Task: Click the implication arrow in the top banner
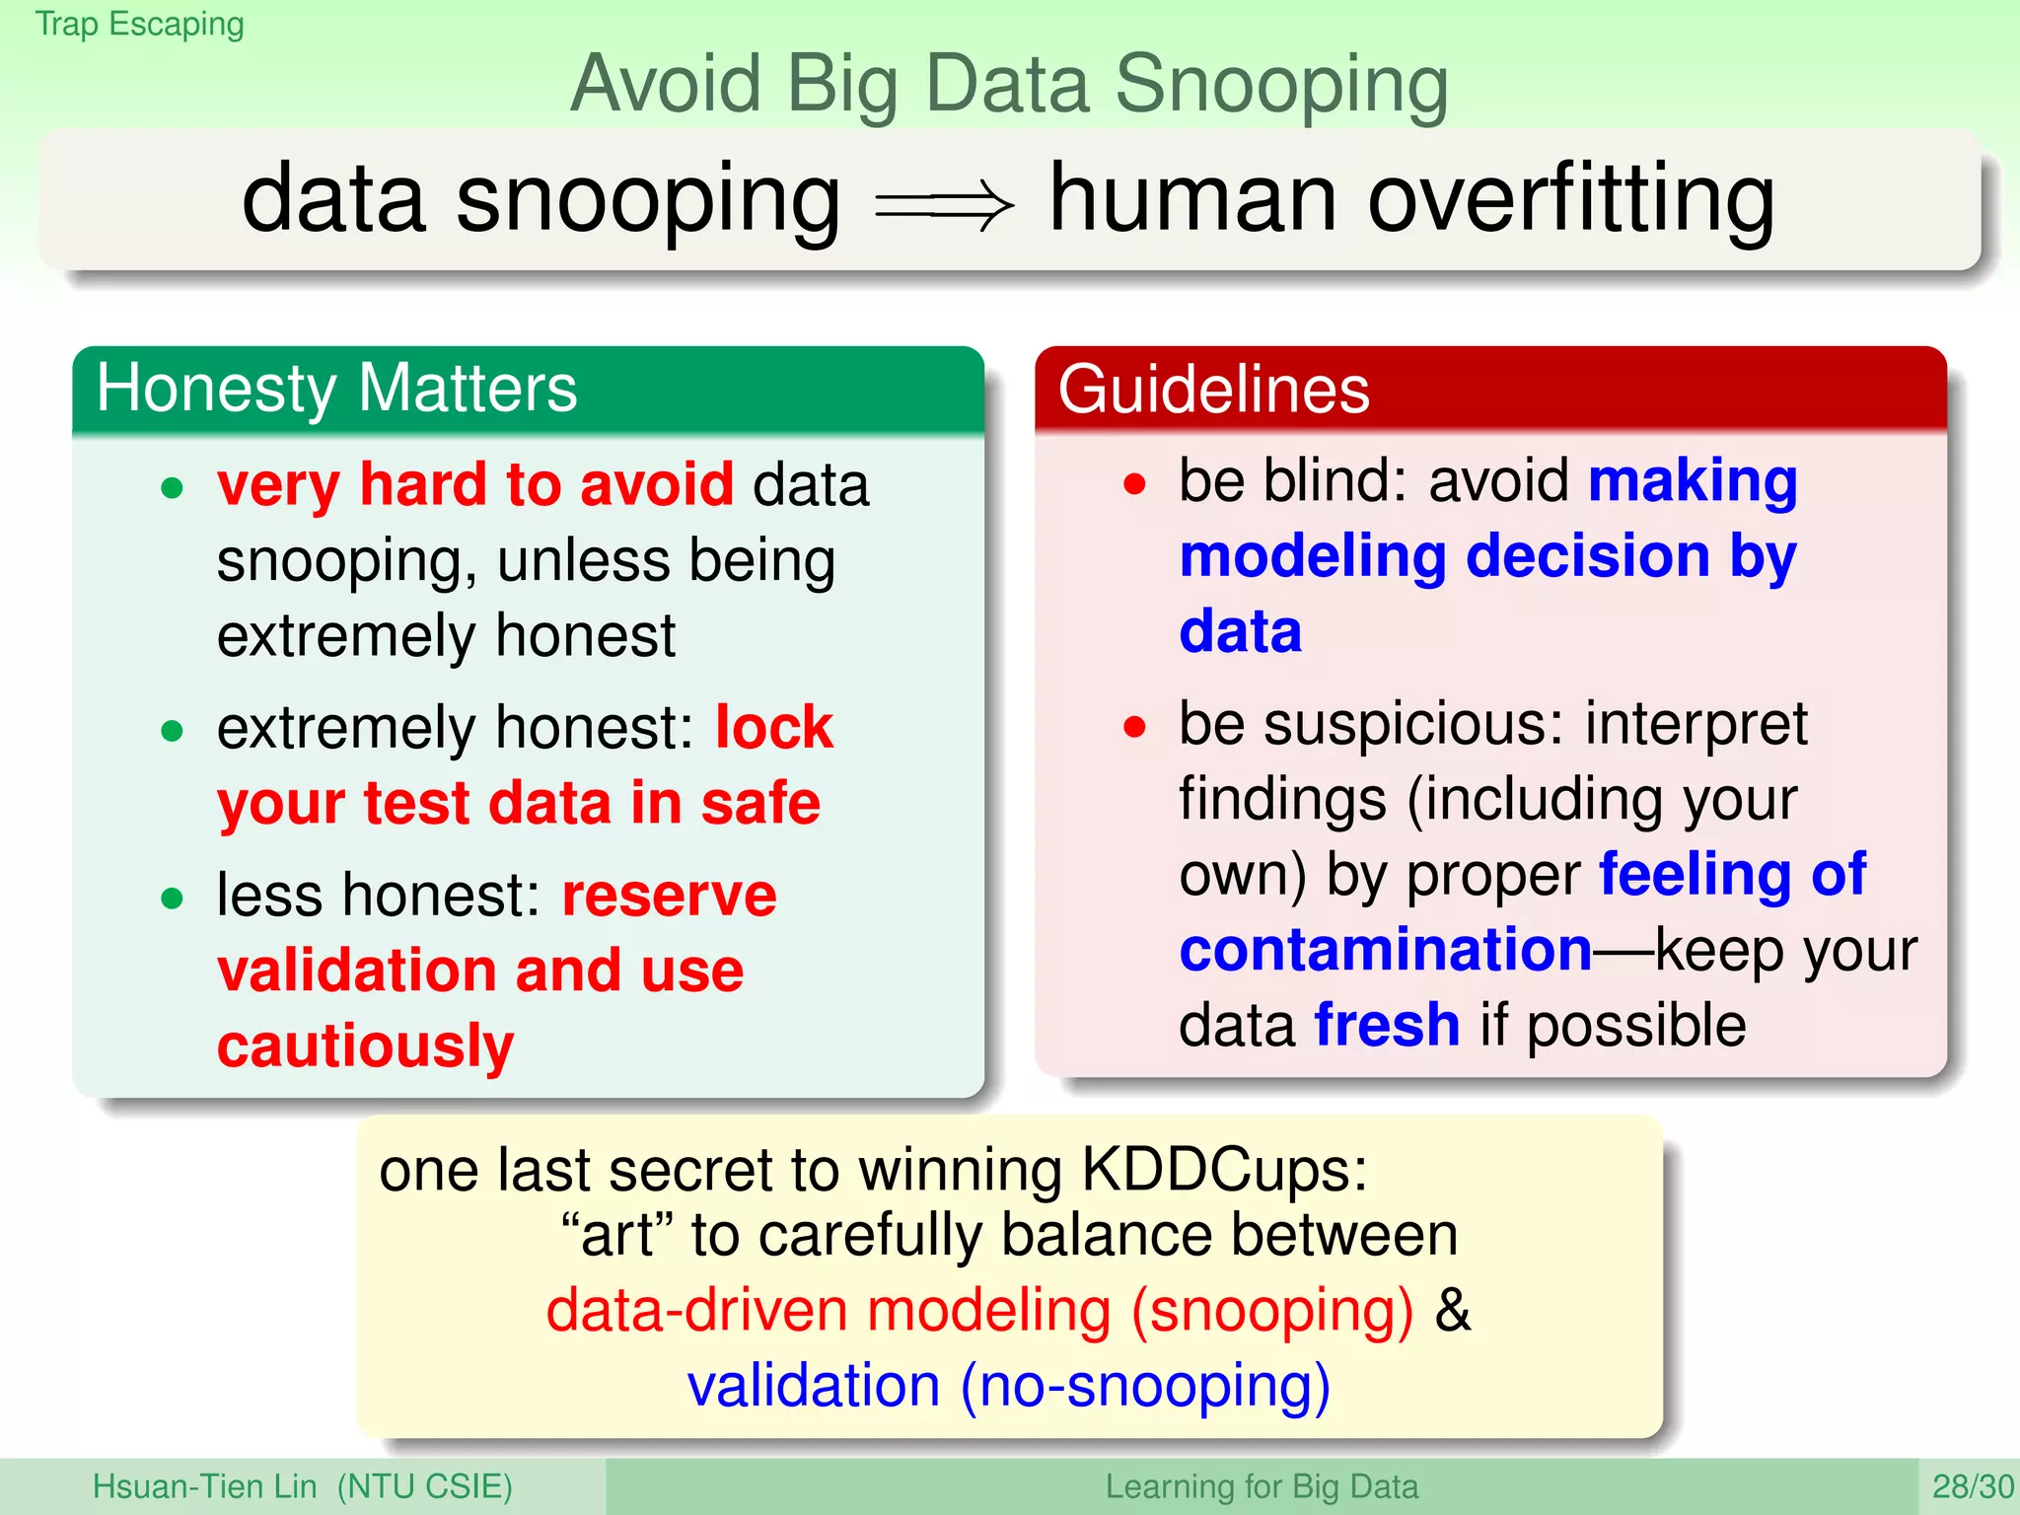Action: [x=944, y=205]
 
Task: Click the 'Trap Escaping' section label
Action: [x=139, y=24]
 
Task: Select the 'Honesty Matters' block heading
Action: [x=336, y=388]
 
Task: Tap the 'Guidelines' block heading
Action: [x=1213, y=389]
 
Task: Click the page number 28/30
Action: [x=1972, y=1486]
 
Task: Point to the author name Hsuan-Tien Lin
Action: [x=204, y=1486]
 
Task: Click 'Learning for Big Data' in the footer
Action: [x=1261, y=1486]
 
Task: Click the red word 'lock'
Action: [x=774, y=728]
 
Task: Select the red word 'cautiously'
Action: [x=365, y=1046]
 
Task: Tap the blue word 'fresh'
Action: [x=1387, y=1025]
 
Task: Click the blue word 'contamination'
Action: [x=1385, y=950]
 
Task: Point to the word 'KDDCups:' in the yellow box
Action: [x=1224, y=1171]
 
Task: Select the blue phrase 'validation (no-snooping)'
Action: [x=1008, y=1386]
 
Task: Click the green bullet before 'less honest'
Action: [x=173, y=899]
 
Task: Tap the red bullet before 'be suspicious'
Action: [x=1135, y=728]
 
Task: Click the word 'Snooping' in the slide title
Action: [x=1281, y=85]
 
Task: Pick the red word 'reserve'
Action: [x=669, y=896]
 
